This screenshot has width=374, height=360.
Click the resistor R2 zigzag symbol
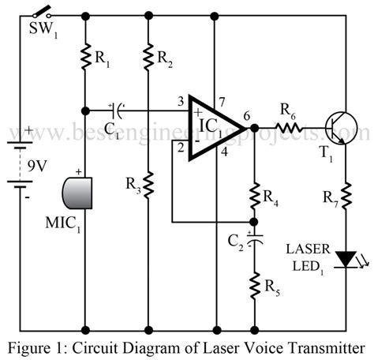pos(148,56)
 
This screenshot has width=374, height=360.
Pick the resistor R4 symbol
pos(255,194)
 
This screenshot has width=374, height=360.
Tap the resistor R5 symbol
pos(255,285)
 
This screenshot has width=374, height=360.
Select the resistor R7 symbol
pos(345,193)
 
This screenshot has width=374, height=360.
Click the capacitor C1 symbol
pos(116,107)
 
